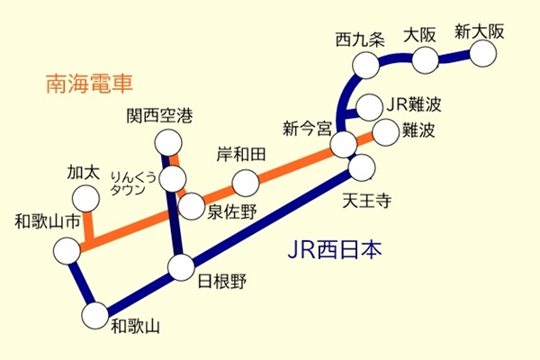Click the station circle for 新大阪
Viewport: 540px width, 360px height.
(485, 53)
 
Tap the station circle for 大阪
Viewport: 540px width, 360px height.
(425, 58)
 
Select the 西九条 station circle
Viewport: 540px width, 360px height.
(366, 65)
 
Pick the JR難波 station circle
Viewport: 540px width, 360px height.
(369, 105)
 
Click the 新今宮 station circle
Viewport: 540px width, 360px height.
(343, 144)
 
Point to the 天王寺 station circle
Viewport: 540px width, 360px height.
(362, 166)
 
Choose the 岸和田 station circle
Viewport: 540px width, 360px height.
(245, 183)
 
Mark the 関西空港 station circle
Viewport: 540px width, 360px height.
(168, 141)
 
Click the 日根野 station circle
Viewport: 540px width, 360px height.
(181, 267)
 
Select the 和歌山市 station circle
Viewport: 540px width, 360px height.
(66, 251)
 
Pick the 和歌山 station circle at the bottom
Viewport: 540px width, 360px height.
(94, 315)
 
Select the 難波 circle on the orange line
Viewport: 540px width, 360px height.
(385, 132)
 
